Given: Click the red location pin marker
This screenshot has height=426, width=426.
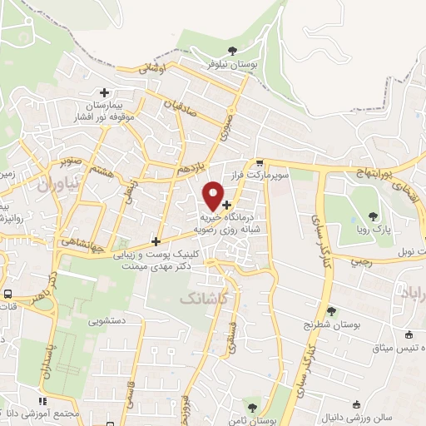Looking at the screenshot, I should (215, 195).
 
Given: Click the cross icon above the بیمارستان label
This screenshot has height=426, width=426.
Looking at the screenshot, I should (104, 93).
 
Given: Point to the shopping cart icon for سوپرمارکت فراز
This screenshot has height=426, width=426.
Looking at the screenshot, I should (260, 163).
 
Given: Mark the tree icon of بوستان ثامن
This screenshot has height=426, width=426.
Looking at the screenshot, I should (252, 407).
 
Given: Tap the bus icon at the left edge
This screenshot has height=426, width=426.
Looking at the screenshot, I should (7, 294).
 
